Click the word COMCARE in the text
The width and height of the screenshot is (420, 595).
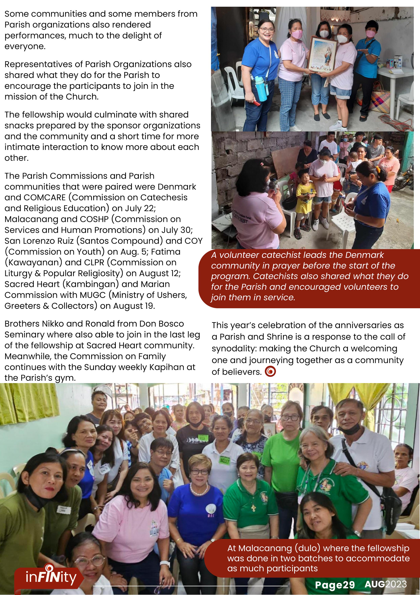[x=45, y=198]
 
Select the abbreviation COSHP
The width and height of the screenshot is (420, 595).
[x=94, y=219]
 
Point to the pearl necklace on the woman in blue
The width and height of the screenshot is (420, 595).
[x=198, y=489]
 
